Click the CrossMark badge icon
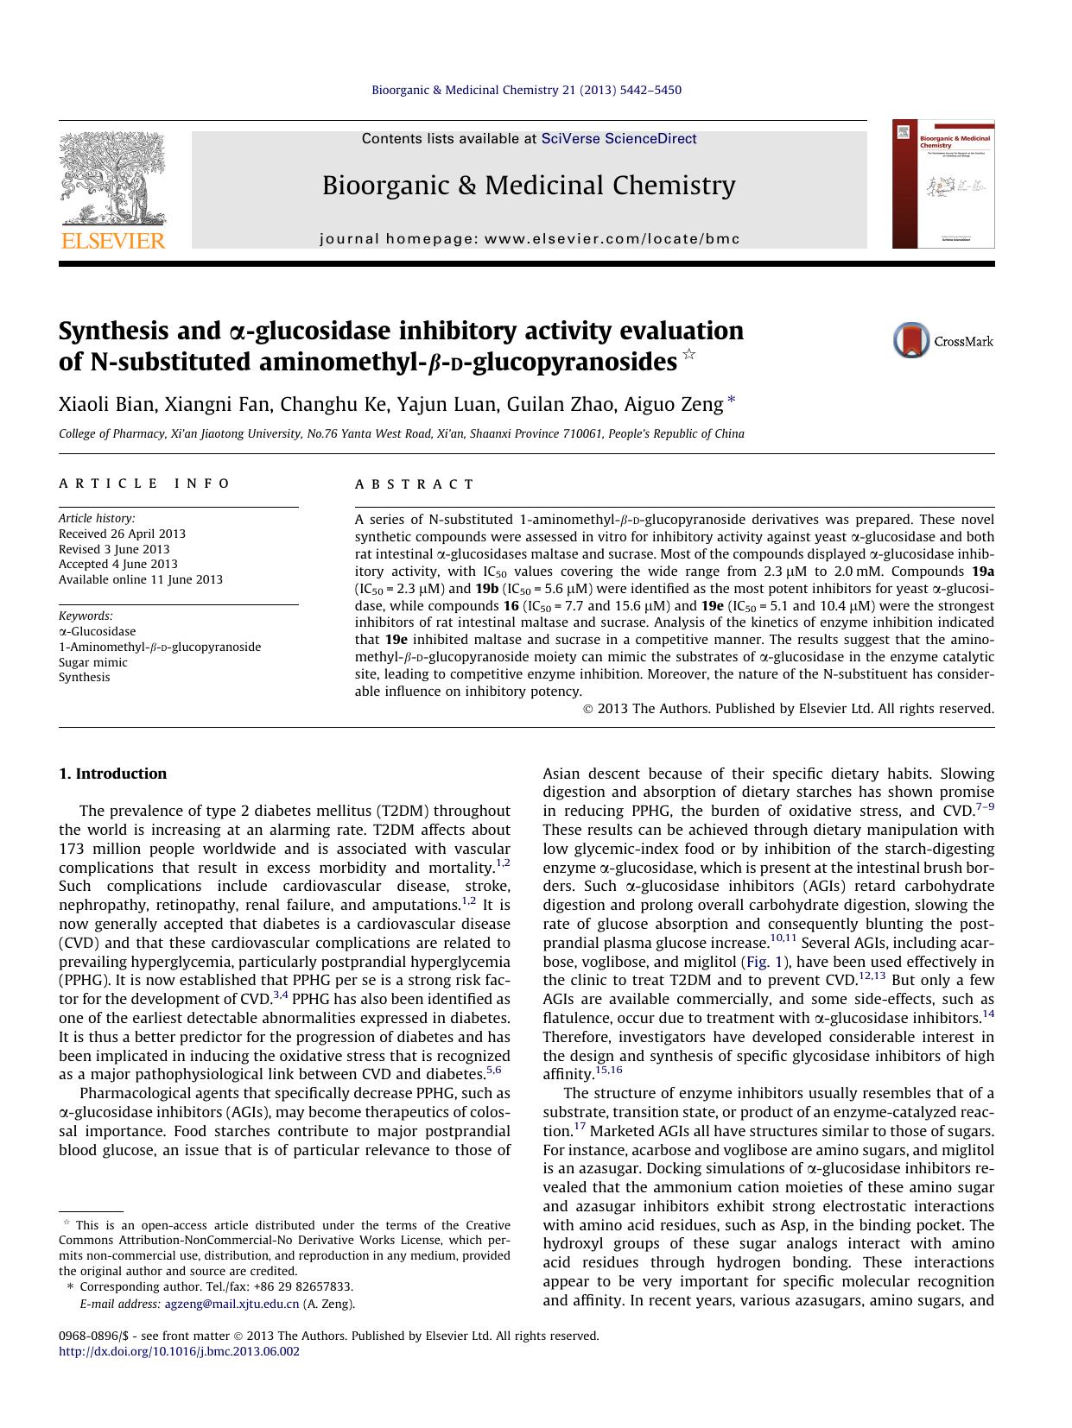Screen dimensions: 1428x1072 pos(911,340)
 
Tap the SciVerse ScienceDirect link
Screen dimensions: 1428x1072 pos(618,139)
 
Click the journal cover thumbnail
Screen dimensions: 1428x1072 pos(943,184)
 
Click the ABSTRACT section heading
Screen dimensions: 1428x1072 pos(415,484)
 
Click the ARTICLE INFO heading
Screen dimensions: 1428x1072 pos(144,484)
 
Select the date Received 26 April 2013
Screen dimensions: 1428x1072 pos(122,534)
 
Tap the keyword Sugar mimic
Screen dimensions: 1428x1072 pos(92,662)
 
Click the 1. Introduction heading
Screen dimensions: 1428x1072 pos(112,774)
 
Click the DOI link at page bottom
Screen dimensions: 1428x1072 pos(179,1351)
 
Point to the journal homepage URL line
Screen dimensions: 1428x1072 pos(530,239)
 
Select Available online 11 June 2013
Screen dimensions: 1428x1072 pos(140,579)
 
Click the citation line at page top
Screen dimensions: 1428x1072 pos(526,90)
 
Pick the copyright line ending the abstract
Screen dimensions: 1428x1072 pos(789,709)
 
